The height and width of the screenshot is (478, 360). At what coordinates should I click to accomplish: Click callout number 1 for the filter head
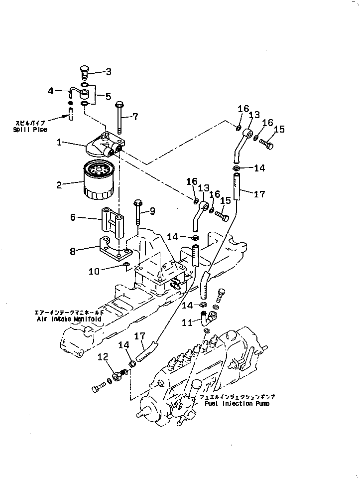pos(59,143)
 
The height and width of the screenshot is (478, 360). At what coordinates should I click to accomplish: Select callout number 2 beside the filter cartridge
pos(59,185)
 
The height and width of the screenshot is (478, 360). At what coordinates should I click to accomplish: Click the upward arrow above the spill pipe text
pos(71,115)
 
